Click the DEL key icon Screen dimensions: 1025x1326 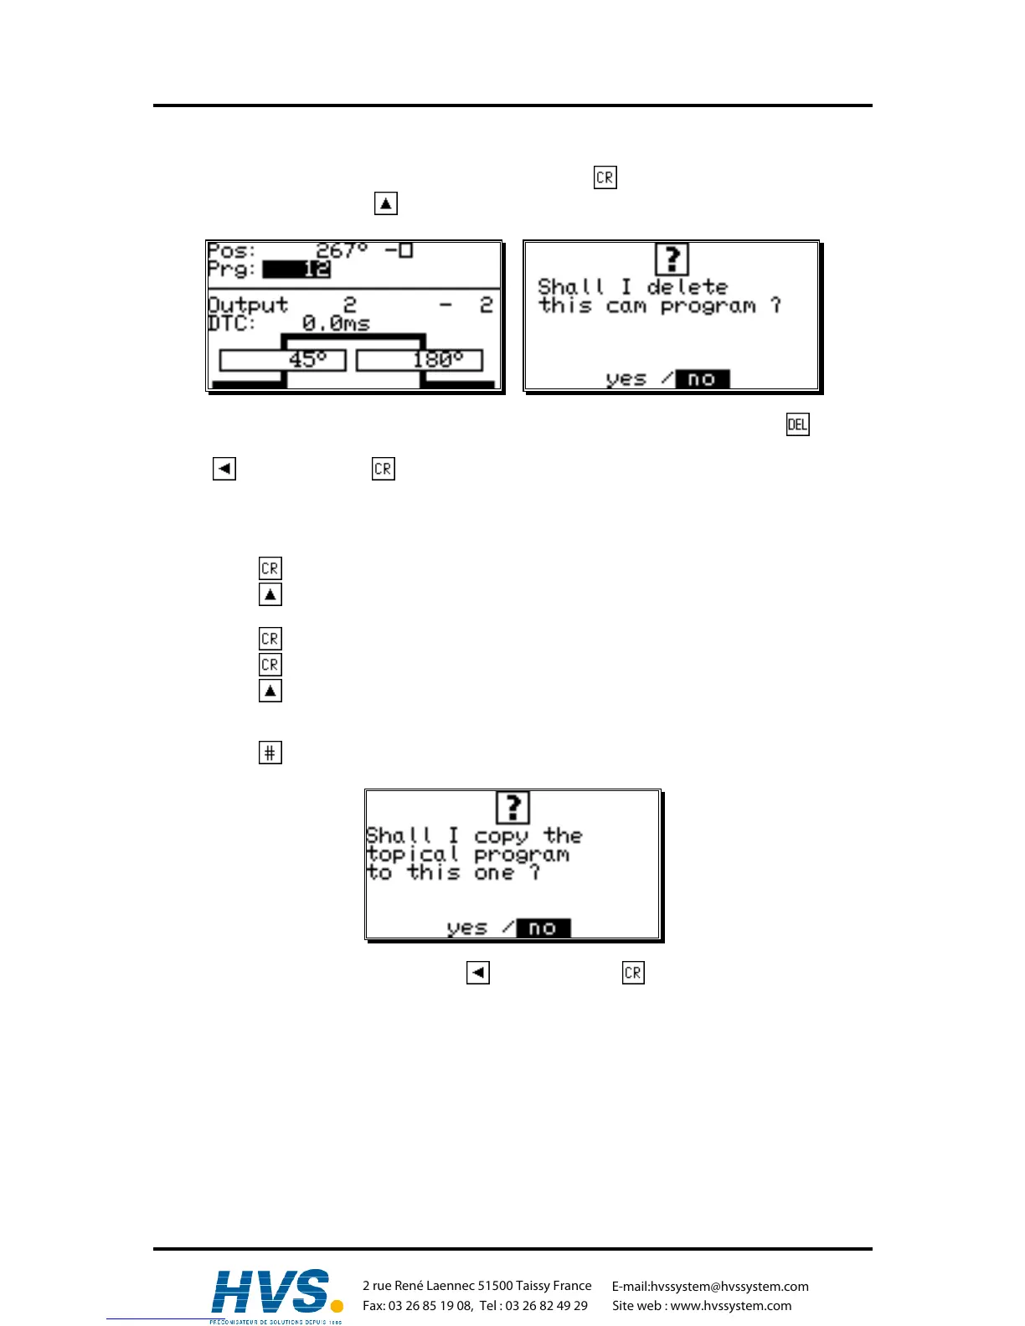pyautogui.click(x=797, y=424)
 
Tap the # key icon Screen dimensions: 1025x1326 pyautogui.click(x=270, y=753)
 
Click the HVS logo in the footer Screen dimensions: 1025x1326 pyautogui.click(x=276, y=1293)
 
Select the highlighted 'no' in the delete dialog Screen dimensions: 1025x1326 pyautogui.click(x=702, y=379)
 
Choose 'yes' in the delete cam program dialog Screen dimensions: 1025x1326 pyautogui.click(x=626, y=379)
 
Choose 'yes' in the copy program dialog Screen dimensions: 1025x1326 pyautogui.click(x=466, y=928)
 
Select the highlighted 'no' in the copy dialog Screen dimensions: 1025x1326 pyautogui.click(x=543, y=928)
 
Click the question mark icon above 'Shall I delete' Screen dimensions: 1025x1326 pyautogui.click(x=672, y=259)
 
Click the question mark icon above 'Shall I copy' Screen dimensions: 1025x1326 pyautogui.click(x=512, y=808)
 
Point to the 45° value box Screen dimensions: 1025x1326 pyautogui.click(x=282, y=360)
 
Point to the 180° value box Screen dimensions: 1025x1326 pyautogui.click(x=420, y=360)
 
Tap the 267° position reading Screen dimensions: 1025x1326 pyautogui.click(x=342, y=250)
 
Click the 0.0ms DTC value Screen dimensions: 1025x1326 pyautogui.click(x=336, y=323)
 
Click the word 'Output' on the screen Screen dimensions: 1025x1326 pyautogui.click(x=248, y=305)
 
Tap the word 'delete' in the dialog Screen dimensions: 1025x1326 pyautogui.click(x=687, y=287)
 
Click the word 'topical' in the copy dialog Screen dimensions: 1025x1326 pyautogui.click(x=413, y=855)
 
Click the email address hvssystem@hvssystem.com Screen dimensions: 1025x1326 pyautogui.click(x=729, y=1287)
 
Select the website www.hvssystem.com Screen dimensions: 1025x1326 pyautogui.click(x=730, y=1306)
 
